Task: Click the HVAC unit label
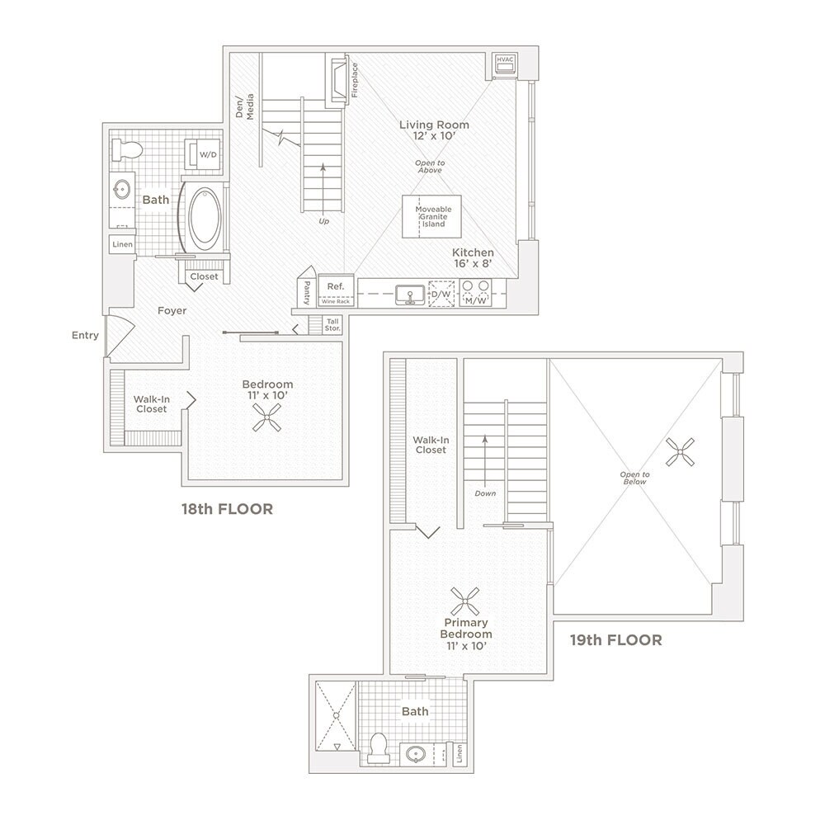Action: click(505, 60)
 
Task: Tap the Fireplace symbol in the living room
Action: click(337, 81)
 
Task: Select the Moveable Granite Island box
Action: click(433, 217)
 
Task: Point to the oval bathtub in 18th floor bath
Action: click(205, 218)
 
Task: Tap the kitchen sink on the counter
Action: click(408, 295)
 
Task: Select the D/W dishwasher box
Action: click(441, 295)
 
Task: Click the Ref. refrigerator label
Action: click(335, 286)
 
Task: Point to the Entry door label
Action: click(85, 335)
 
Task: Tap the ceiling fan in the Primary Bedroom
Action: click(466, 598)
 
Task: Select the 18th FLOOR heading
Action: click(227, 509)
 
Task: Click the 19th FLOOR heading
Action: click(615, 639)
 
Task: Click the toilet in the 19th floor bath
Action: click(379, 747)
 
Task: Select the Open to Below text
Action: click(635, 478)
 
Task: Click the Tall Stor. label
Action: click(333, 324)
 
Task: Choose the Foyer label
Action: click(172, 311)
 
